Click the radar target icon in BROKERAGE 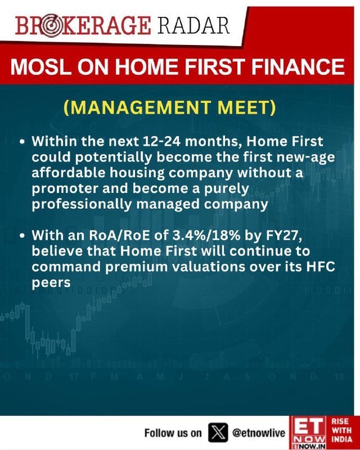[x=51, y=25]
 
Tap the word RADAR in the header [x=193, y=25]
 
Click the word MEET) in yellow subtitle [x=246, y=107]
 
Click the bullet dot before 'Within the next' [x=22, y=142]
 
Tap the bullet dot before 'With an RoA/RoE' [x=22, y=236]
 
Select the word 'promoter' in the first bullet [x=65, y=189]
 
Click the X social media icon [x=218, y=433]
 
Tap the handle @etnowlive [x=258, y=433]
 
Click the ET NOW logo [x=308, y=433]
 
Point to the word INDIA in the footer [x=342, y=439]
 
